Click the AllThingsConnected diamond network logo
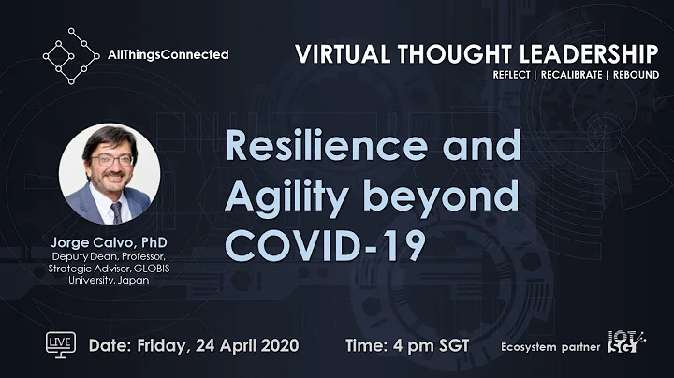tap(70, 55)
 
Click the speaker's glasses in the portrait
tap(110, 160)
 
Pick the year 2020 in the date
tap(277, 345)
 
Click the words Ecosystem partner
tap(553, 346)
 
